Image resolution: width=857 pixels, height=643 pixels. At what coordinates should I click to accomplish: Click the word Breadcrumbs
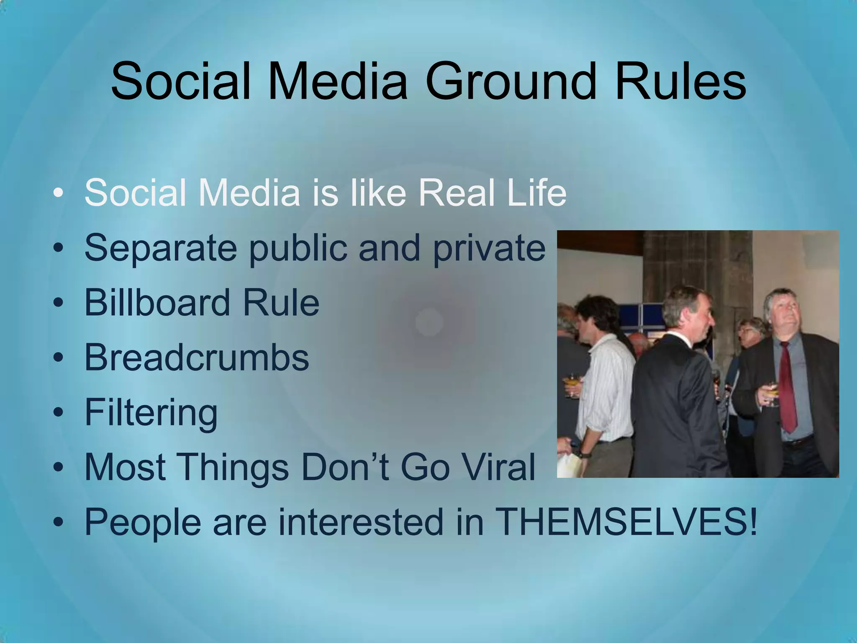pos(197,357)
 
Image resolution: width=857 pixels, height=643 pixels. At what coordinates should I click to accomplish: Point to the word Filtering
pos(151,413)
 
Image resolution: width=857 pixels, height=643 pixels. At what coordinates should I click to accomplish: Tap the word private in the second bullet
pos(489,249)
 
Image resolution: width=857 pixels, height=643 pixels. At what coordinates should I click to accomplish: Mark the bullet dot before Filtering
pos(59,412)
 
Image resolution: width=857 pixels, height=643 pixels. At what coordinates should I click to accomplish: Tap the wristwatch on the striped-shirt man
pos(583,453)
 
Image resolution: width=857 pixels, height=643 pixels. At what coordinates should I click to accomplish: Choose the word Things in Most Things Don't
pos(234,467)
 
